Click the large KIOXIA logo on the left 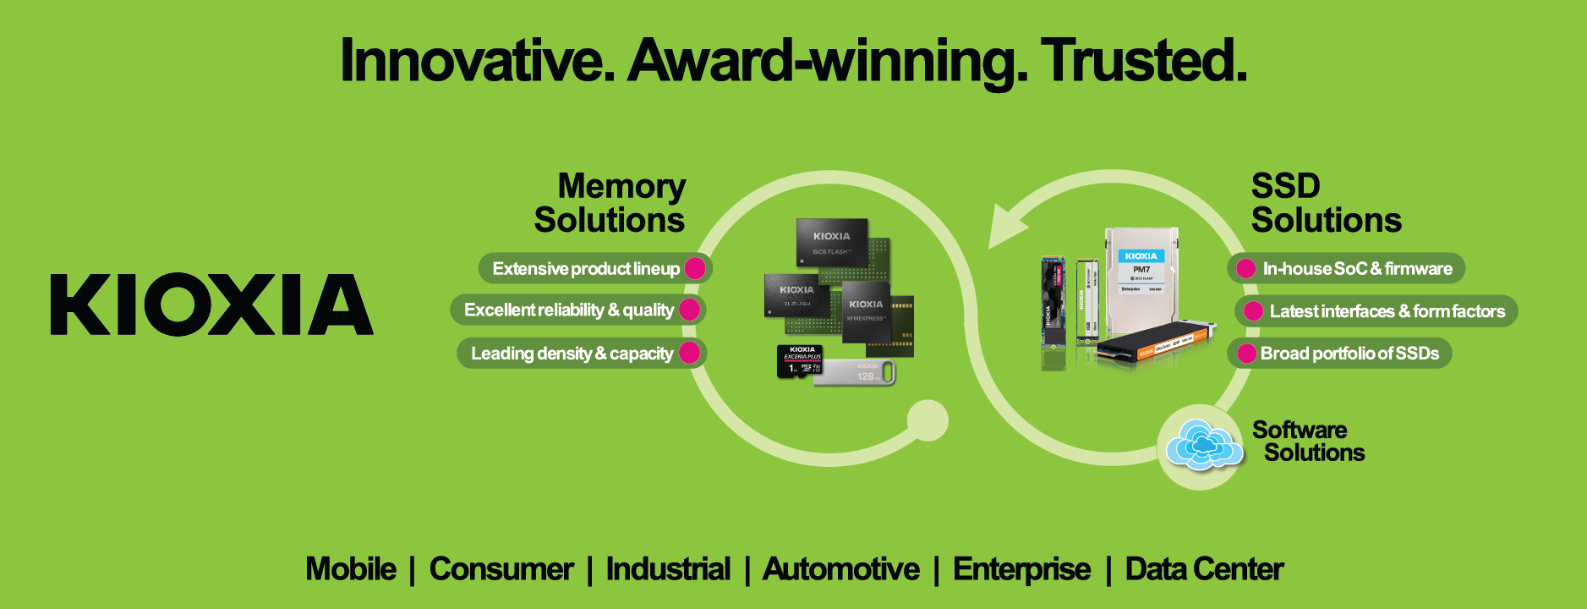211,304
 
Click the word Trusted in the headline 1143,61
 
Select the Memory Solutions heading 610,203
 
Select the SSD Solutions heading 1326,203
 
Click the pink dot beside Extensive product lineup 695,268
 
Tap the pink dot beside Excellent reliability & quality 689,310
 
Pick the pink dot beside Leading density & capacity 689,353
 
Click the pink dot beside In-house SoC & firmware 1245,269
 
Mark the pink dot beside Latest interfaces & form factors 1253,311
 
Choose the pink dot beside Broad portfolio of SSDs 1246,354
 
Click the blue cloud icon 1203,445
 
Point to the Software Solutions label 1308,442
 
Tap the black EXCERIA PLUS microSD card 799,361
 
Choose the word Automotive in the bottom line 840,569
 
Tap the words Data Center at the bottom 1204,569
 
